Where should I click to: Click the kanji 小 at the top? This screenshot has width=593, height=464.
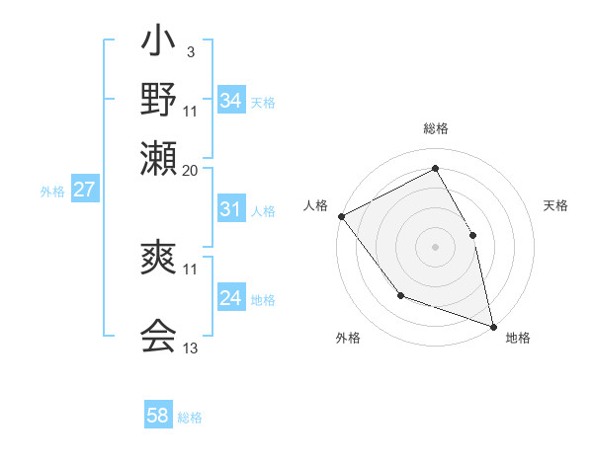158,45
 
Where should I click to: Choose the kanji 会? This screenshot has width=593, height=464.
158,337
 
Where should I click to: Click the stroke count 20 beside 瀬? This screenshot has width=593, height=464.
191,169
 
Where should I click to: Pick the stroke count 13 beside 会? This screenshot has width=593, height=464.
191,348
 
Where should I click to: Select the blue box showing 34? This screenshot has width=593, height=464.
231,101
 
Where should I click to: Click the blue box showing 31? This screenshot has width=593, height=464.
231,209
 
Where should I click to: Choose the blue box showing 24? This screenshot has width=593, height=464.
231,299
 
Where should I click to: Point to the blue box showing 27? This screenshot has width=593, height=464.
84,190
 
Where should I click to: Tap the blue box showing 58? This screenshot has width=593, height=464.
158,416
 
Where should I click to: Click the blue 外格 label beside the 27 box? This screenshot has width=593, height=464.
52,192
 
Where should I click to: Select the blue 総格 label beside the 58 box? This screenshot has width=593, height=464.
190,418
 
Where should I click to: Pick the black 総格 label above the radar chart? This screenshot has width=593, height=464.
436,129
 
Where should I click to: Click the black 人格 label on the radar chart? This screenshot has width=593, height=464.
316,205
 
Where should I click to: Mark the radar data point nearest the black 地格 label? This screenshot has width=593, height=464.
493,324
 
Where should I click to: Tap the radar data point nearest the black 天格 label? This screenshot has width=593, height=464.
472,235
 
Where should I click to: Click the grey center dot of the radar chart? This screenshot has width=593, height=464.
435,246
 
